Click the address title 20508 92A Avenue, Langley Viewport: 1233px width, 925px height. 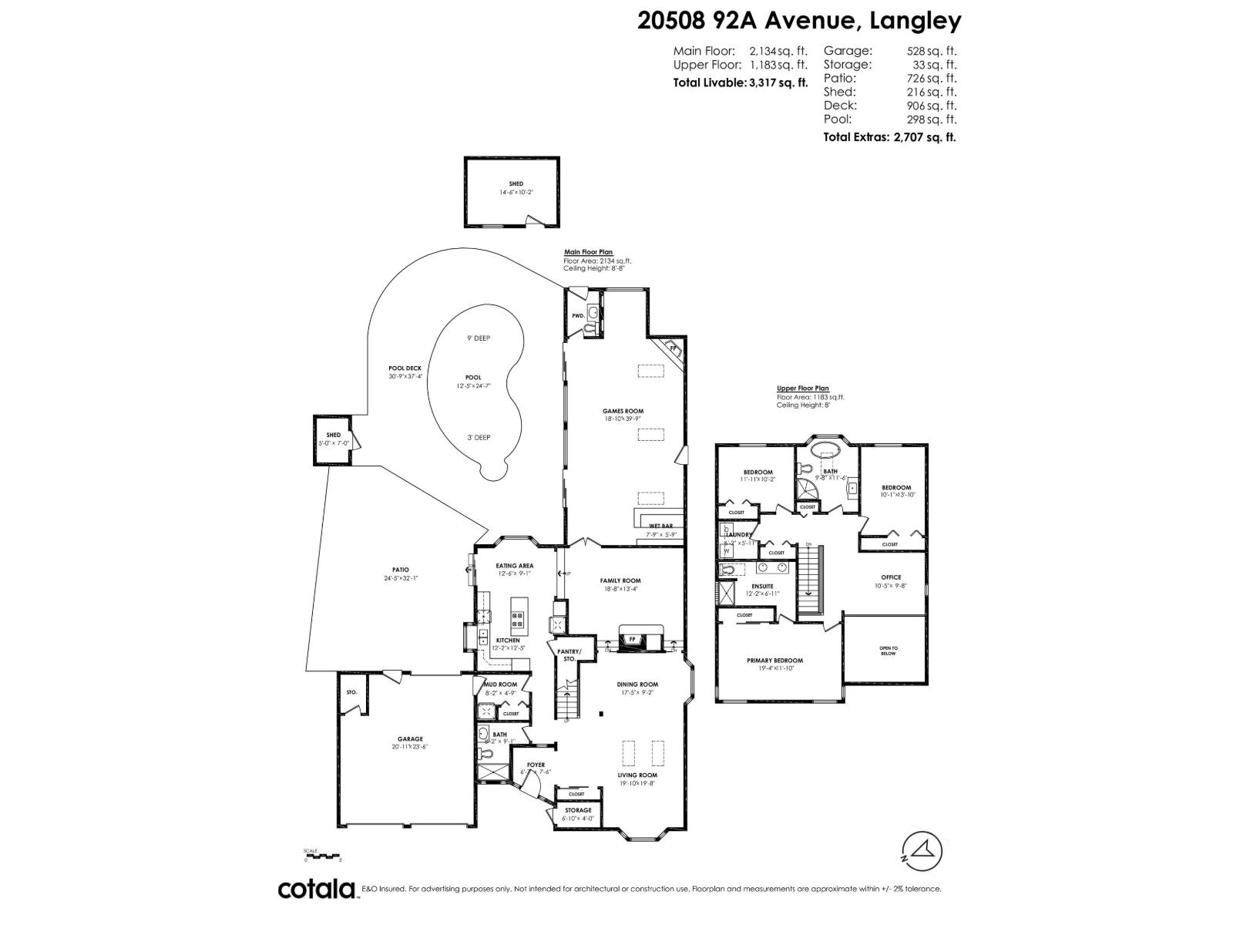click(799, 20)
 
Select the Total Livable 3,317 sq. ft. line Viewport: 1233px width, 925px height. click(740, 82)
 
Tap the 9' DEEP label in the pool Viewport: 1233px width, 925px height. click(478, 338)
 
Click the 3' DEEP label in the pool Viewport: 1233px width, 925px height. click(478, 438)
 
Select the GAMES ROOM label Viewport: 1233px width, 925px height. click(623, 411)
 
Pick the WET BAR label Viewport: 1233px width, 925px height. click(660, 526)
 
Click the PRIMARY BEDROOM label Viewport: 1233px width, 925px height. click(774, 661)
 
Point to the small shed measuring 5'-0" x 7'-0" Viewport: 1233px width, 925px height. click(333, 439)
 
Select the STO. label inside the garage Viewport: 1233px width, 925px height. click(351, 692)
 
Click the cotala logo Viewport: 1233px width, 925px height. click(316, 889)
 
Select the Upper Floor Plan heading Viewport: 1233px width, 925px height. click(802, 388)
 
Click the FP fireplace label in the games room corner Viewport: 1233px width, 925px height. click(672, 348)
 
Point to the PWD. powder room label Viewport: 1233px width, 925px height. click(577, 316)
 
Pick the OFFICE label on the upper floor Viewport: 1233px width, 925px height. click(891, 577)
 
